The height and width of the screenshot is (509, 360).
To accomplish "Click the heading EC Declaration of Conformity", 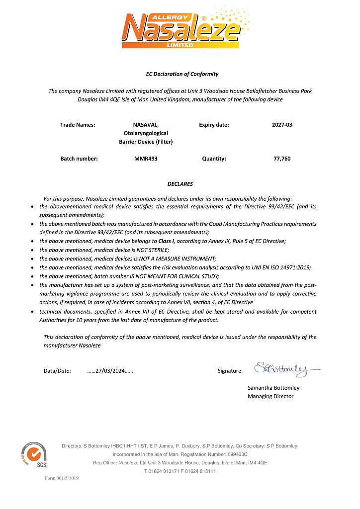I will coord(182,74).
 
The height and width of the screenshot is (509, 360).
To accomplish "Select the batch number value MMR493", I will coord(146,159).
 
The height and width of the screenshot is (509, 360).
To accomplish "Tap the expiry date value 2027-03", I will coord(282,125).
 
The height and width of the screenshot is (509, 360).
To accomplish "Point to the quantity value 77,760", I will coord(282,159).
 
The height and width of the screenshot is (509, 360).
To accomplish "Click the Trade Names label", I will coord(78,125).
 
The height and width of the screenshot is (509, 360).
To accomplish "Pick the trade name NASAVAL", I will coord(146,125).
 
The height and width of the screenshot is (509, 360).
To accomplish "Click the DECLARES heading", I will coord(180,184).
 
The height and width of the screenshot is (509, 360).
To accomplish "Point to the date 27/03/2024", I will coord(110,371).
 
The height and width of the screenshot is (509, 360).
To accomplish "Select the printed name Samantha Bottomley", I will coord(273,388).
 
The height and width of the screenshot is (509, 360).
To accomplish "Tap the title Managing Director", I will coord(270,396).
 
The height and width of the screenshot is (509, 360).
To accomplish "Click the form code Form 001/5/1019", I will coord(62,478).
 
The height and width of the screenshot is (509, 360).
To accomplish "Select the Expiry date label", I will coord(214,125).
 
